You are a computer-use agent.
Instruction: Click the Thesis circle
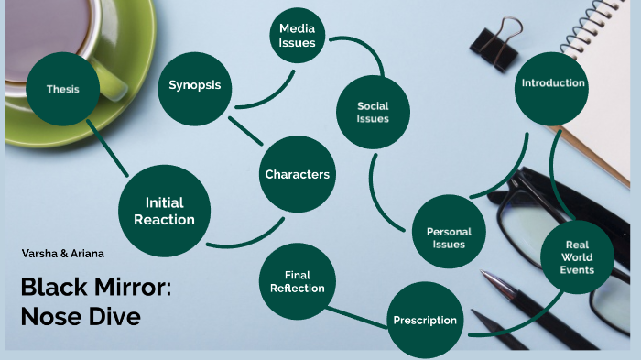(x=63, y=89)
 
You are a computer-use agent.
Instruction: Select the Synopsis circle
(x=195, y=86)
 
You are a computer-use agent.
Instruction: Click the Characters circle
(x=297, y=174)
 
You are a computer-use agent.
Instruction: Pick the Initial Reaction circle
(x=165, y=211)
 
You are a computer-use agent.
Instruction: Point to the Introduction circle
(x=552, y=83)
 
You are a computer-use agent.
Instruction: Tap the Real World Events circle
(x=578, y=257)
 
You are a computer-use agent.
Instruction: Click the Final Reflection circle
(x=297, y=281)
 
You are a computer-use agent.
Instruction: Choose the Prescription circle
(x=425, y=320)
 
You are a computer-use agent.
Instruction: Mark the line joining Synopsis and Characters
(x=248, y=129)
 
